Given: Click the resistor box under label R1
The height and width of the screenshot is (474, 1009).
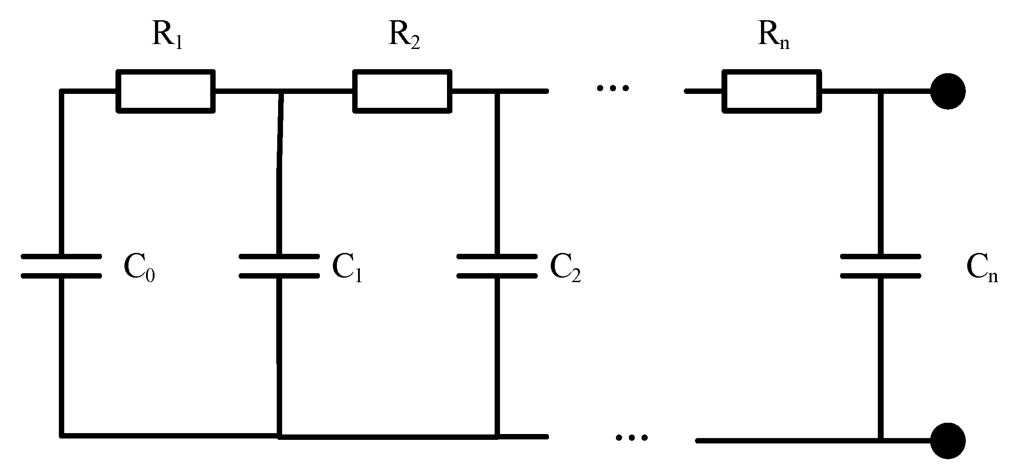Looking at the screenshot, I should point(166,91).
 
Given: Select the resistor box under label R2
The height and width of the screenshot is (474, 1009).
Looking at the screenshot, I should point(403,91).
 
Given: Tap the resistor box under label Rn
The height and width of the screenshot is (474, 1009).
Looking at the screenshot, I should point(772,91).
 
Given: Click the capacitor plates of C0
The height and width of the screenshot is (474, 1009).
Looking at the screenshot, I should point(62,266).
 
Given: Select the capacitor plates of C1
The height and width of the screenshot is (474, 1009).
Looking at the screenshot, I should point(279,266).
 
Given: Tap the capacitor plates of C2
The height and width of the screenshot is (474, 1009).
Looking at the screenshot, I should point(497,266).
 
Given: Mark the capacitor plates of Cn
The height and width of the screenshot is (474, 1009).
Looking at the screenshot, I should point(881,266).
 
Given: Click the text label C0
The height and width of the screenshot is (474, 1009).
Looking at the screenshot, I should point(139,268).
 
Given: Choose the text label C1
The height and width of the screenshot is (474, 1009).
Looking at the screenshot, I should point(347,268).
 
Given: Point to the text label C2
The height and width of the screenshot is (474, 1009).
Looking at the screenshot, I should point(565,268).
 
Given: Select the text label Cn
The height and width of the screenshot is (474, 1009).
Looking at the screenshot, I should point(982,268).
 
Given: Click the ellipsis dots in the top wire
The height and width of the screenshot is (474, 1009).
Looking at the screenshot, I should point(613,88).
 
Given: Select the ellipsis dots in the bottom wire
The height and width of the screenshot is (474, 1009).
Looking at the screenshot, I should point(632,437).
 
